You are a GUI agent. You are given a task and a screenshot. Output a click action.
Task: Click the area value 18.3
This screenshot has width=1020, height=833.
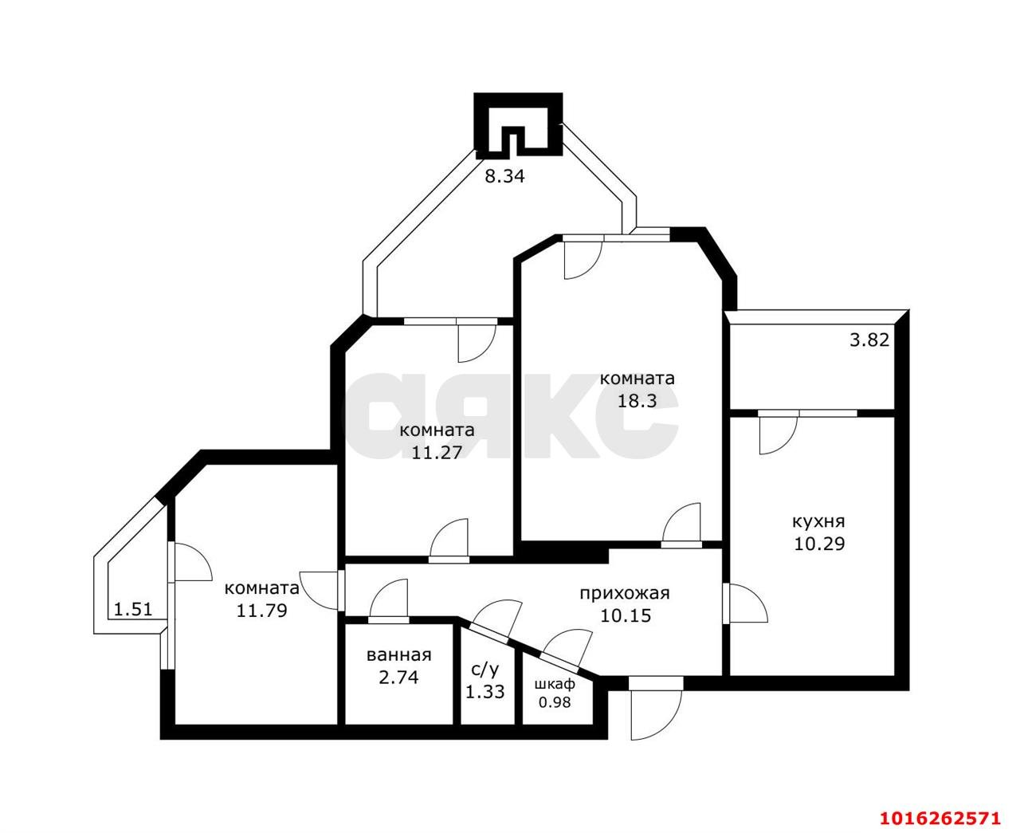(x=637, y=401)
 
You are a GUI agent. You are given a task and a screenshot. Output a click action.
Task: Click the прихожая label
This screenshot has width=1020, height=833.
(x=624, y=593)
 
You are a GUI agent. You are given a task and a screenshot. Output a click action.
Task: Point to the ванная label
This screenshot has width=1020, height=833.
(x=398, y=655)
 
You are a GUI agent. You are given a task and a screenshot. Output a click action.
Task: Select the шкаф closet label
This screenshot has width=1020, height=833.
(x=555, y=684)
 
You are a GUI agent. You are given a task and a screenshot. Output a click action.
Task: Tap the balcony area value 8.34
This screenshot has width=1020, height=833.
(x=505, y=177)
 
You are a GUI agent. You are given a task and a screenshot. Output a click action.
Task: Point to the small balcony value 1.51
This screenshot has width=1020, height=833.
(x=133, y=611)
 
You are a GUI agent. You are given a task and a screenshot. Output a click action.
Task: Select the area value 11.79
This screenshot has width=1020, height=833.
(x=261, y=611)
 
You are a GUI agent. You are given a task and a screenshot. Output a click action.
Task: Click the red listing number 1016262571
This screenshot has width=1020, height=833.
(x=939, y=818)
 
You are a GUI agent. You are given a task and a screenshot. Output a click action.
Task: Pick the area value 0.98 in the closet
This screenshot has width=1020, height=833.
(x=555, y=702)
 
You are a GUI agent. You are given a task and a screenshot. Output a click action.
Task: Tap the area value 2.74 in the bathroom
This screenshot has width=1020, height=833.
(x=398, y=678)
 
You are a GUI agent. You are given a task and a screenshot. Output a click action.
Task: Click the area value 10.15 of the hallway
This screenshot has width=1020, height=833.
(x=624, y=615)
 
